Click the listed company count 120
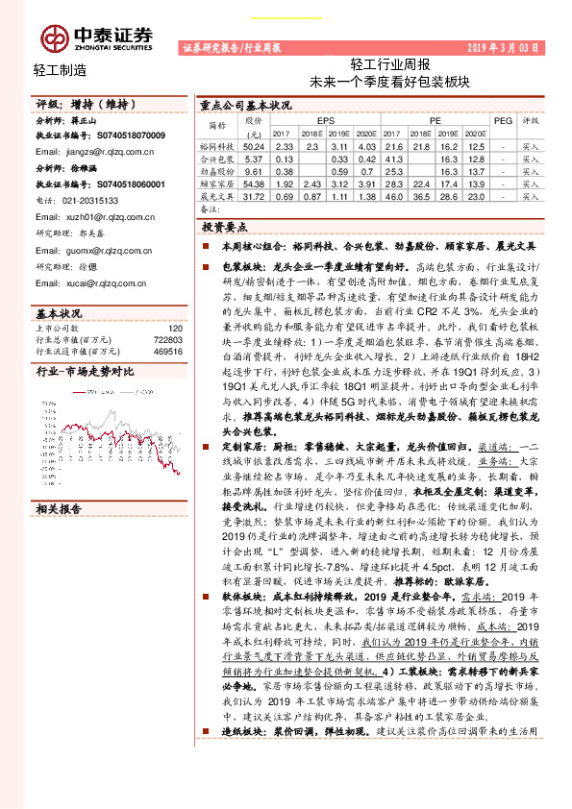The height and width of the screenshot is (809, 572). [x=174, y=328]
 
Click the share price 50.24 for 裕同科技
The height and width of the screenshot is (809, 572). [x=254, y=145]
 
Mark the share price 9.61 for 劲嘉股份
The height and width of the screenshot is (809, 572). [x=254, y=170]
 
